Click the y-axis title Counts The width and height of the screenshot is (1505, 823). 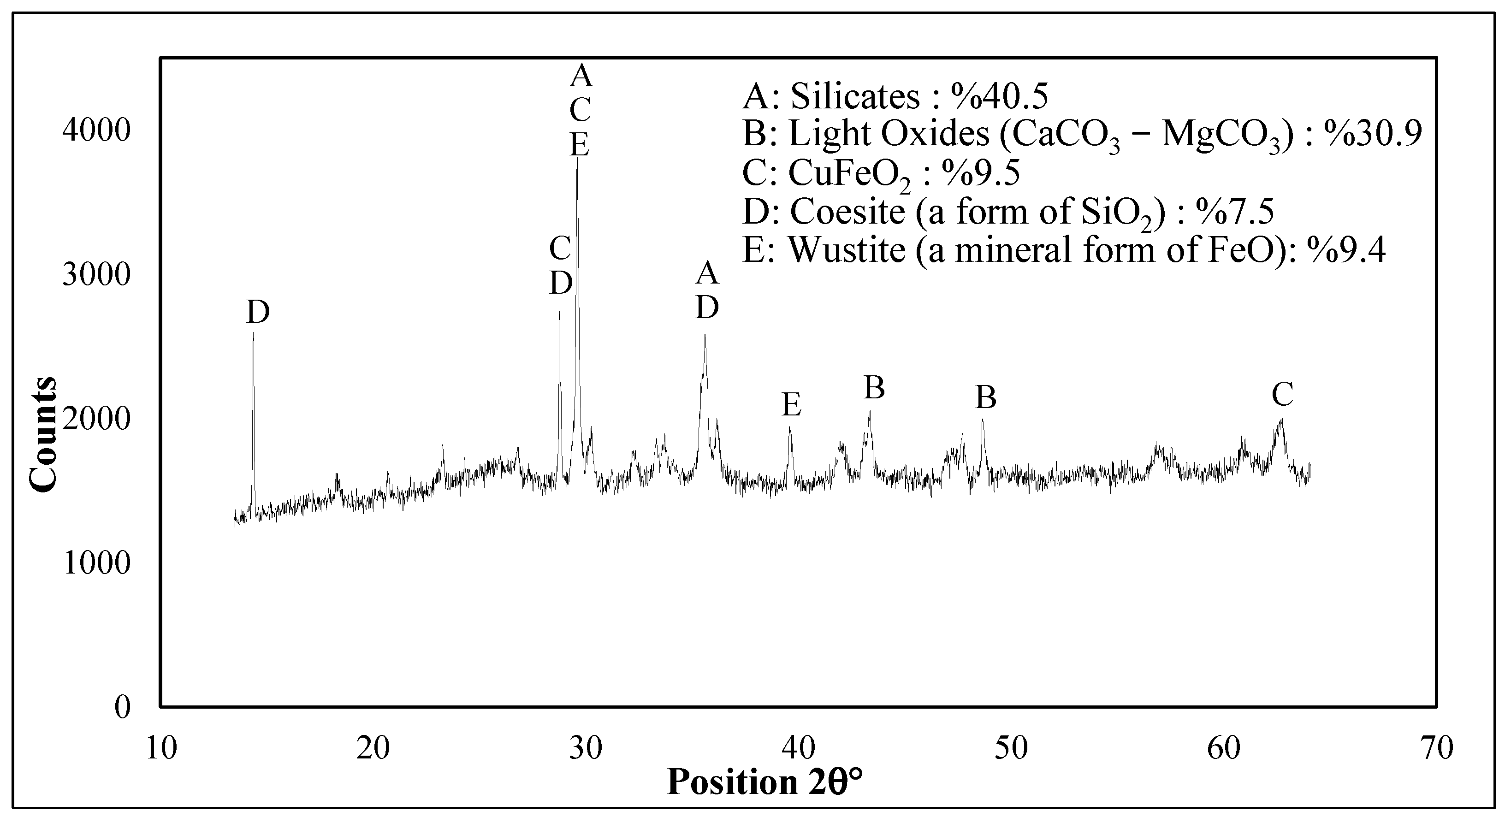[43, 435]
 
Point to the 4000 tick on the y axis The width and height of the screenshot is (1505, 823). [96, 131]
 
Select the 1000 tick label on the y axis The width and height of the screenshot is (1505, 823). [96, 563]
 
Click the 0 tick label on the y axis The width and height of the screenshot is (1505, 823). [123, 707]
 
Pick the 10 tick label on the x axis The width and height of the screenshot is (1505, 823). [161, 748]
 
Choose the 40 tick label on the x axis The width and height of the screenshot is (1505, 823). [799, 748]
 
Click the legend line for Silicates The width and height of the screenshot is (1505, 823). [895, 96]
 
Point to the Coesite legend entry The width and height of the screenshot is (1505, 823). [1008, 212]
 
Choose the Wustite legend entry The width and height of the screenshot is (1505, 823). [1063, 250]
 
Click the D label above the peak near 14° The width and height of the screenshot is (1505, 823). [258, 313]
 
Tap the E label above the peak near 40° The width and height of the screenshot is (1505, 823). [792, 405]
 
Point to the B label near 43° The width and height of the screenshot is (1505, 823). [874, 388]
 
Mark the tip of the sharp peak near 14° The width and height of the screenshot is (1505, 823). [253, 334]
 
